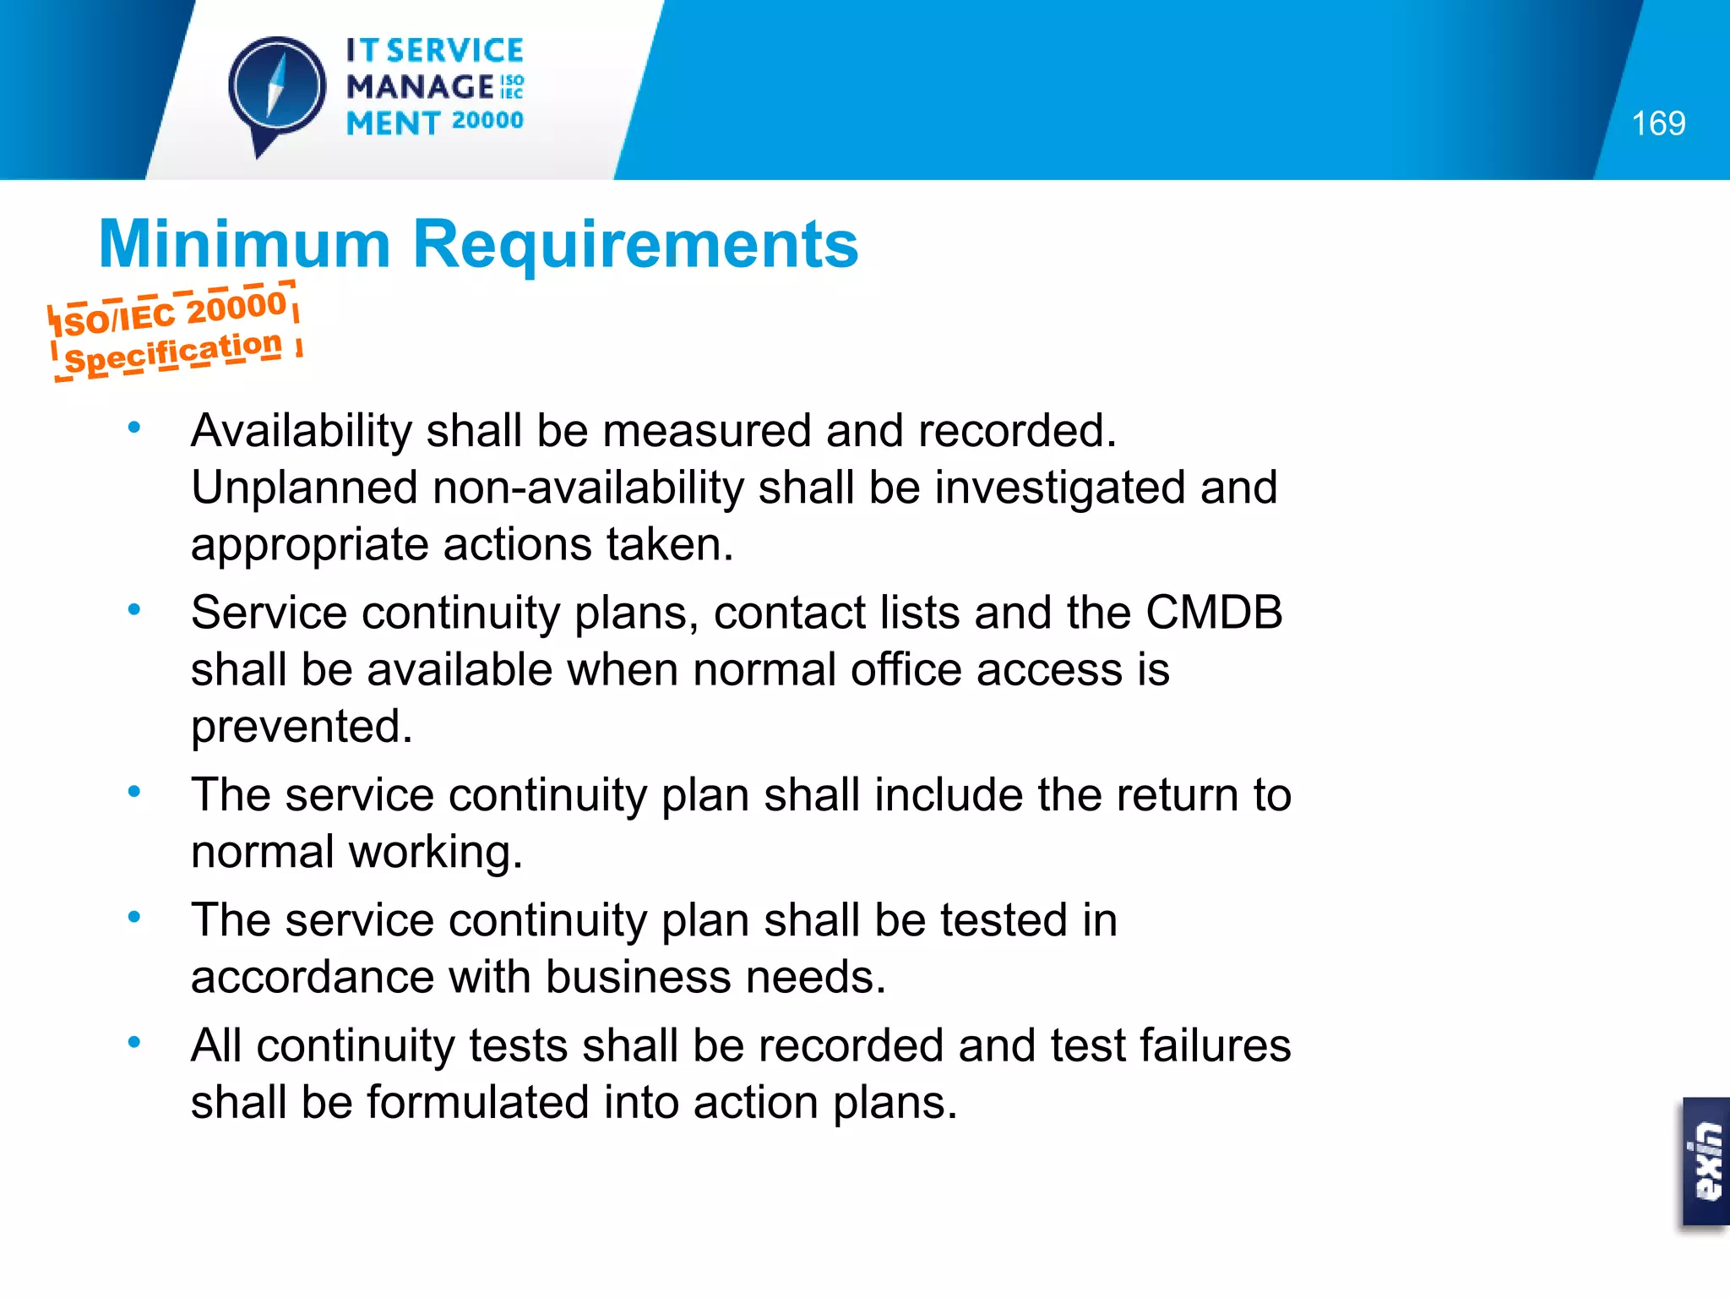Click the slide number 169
point(1658,123)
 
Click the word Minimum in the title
point(244,244)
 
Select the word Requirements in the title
point(635,244)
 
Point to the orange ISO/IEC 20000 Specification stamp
point(175,332)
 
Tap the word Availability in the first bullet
point(302,431)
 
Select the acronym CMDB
point(1213,613)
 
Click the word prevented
point(302,727)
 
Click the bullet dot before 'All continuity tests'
point(133,1042)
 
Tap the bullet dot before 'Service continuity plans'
point(133,608)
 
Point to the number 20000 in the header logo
point(487,121)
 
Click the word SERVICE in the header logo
point(455,51)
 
